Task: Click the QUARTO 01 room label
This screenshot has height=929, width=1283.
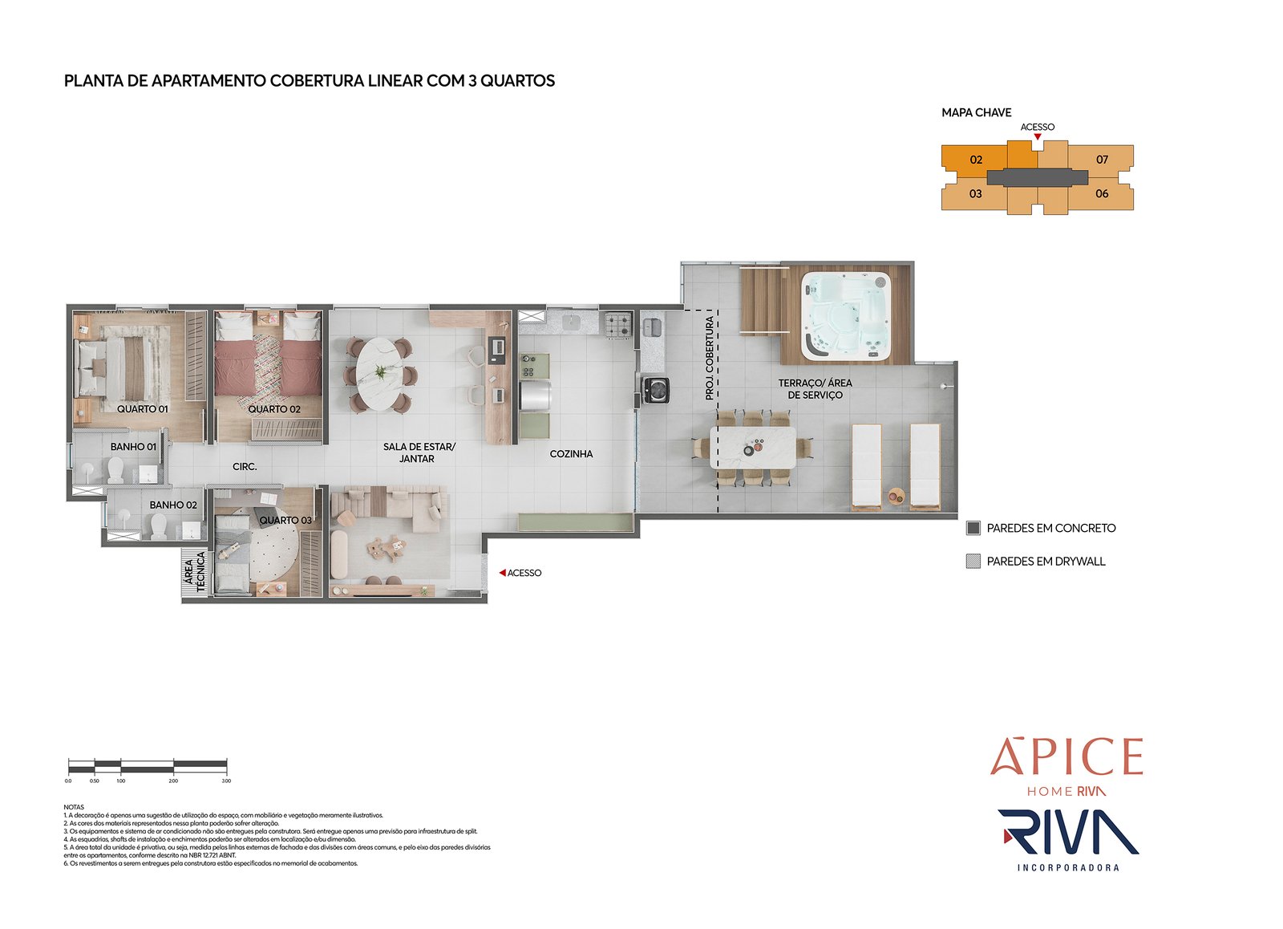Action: click(142, 409)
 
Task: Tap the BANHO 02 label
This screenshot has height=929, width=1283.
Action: click(173, 505)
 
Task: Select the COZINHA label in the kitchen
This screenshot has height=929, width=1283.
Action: click(571, 454)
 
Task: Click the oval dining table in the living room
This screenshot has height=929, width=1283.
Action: click(380, 374)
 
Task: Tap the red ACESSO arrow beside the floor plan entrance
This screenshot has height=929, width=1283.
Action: click(502, 573)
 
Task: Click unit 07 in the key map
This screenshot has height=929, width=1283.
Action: click(1102, 160)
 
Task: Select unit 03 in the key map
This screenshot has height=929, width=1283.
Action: click(975, 193)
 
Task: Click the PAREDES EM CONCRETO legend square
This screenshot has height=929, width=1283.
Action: click(973, 528)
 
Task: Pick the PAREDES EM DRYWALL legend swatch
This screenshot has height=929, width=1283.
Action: click(973, 562)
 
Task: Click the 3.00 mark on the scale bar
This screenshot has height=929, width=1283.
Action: click(226, 780)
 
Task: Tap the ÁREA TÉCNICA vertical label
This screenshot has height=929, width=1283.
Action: click(195, 572)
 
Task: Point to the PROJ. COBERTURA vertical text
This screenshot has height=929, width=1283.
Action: click(709, 359)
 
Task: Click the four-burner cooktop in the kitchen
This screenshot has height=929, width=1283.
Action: click(617, 324)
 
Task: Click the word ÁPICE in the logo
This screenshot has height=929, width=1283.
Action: click(1066, 757)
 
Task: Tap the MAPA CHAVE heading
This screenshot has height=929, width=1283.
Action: click(976, 112)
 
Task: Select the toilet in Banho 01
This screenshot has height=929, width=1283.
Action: click(115, 468)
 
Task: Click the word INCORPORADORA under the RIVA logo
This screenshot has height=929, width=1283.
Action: click(1067, 867)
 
